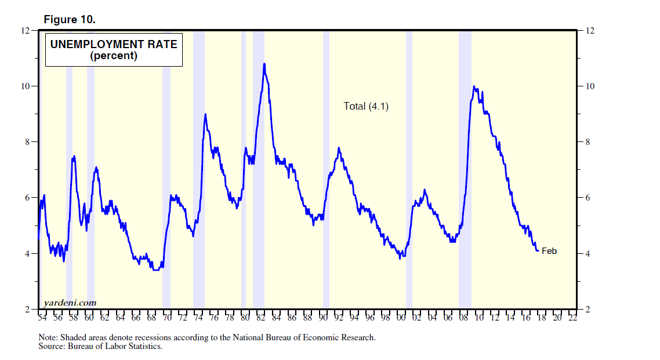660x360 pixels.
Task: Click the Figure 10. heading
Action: (x=70, y=19)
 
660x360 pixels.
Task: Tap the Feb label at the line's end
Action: (x=549, y=251)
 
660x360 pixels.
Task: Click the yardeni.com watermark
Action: (x=69, y=303)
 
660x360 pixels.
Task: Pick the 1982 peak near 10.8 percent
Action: (x=264, y=64)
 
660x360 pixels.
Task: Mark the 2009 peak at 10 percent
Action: (x=474, y=87)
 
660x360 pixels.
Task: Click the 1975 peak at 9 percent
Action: (x=205, y=114)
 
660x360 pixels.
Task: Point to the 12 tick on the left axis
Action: (x=26, y=30)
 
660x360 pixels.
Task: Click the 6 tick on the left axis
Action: (x=27, y=198)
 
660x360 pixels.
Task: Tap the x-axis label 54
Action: (x=42, y=318)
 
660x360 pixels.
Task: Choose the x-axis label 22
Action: (x=572, y=318)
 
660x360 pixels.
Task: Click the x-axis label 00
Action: (x=401, y=318)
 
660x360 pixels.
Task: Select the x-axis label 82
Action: (x=260, y=318)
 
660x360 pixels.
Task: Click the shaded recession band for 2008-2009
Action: (x=465, y=174)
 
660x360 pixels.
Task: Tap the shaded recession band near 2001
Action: (x=409, y=174)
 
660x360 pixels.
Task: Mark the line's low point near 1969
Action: (x=155, y=270)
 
